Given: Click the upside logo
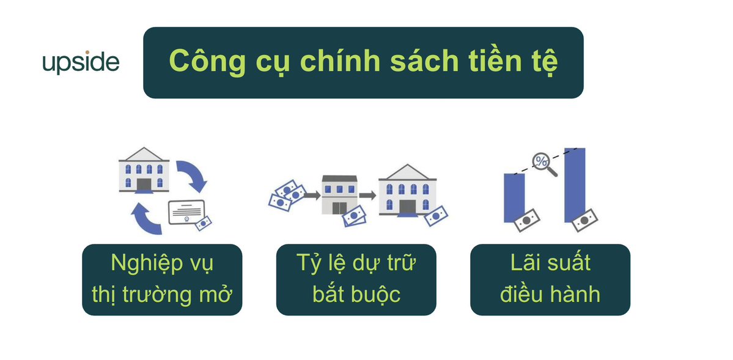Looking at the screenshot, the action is pos(81,63).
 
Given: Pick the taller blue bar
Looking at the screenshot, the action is pos(575,185).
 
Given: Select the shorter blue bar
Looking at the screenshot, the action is pos(514,198).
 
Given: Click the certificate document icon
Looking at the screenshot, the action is pos(186,212).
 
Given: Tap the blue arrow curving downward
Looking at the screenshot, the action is pos(193,175).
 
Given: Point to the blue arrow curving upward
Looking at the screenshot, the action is pos(146,218).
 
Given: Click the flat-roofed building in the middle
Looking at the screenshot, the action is pos(339,194).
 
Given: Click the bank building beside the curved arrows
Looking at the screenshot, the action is pos(144,170).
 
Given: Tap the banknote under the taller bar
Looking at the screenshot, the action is pos(584,220).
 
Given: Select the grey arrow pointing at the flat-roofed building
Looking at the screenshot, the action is pos(311,195).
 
